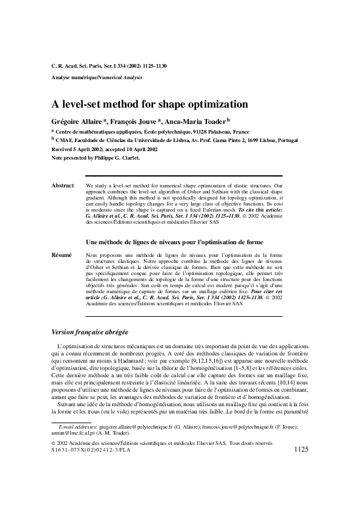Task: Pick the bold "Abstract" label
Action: click(x=63, y=186)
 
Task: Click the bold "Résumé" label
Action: click(x=62, y=255)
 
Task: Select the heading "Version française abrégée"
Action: click(x=90, y=332)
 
